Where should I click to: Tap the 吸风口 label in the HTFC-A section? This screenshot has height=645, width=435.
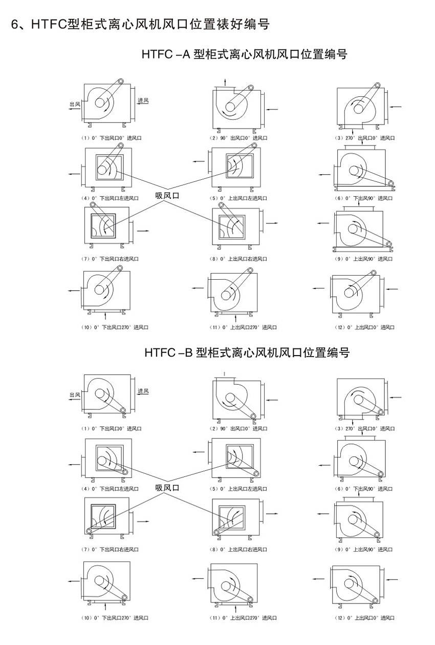(x=167, y=196)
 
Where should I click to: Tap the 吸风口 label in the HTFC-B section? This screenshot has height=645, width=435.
(x=167, y=488)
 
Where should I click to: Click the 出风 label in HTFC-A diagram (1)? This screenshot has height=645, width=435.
(x=75, y=104)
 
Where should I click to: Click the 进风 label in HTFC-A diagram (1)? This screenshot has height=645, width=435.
(x=143, y=100)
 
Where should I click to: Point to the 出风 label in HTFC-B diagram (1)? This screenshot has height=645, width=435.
(x=75, y=395)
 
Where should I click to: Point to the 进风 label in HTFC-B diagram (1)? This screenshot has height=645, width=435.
(x=143, y=391)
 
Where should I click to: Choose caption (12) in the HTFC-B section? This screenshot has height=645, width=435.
(x=365, y=618)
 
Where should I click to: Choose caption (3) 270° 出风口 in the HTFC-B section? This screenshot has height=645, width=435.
(x=365, y=429)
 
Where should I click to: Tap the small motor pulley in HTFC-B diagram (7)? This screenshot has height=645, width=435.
(x=90, y=531)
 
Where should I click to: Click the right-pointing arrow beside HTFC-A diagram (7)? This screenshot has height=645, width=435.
(x=144, y=230)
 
